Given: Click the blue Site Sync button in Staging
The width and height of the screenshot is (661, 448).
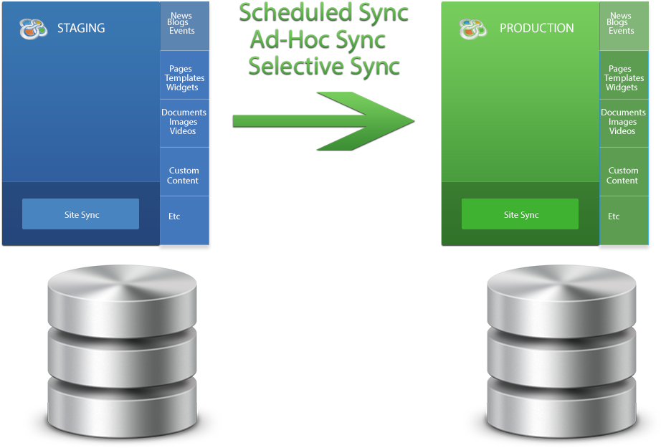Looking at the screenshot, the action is click(80, 214).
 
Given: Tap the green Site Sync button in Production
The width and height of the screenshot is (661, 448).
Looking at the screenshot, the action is click(520, 214).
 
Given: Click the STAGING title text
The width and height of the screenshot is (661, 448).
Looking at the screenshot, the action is click(81, 29).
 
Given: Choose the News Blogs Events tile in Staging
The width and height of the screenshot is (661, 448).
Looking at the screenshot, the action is click(184, 24).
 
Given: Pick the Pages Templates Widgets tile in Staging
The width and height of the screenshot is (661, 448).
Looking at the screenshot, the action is click(184, 78).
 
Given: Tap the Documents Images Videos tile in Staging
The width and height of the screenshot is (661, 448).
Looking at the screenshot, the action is click(184, 122).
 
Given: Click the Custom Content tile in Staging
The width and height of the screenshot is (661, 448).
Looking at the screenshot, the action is click(184, 176).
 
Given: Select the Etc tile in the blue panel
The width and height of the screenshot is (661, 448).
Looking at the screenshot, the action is click(184, 216).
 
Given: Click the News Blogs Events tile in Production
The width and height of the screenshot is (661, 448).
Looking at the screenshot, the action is click(623, 24).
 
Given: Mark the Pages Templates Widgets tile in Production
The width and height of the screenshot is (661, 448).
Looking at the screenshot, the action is click(623, 78).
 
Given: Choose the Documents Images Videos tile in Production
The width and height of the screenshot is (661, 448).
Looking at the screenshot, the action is click(623, 122).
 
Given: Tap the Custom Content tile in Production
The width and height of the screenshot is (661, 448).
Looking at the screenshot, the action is click(623, 176).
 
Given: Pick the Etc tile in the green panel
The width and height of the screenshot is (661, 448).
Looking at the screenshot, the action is click(623, 216).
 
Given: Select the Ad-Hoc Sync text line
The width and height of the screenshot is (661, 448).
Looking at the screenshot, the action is click(318, 39).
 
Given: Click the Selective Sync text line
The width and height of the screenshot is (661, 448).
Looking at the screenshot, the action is click(324, 67).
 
